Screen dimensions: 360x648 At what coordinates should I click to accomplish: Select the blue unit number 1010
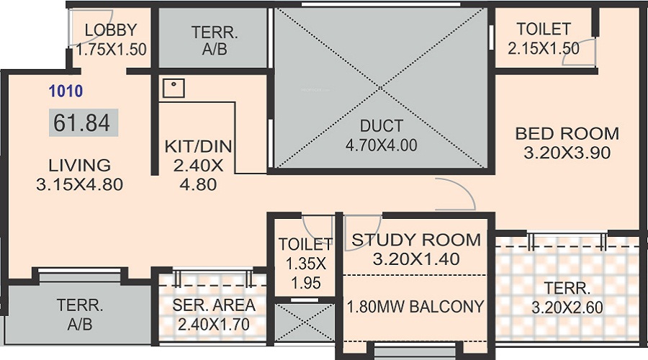[66, 91]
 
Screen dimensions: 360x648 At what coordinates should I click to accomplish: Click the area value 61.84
[82, 123]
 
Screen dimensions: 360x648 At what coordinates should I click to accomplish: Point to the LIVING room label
[79, 165]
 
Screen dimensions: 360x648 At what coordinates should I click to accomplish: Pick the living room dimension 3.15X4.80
[79, 184]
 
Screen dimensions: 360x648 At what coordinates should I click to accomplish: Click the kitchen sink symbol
[173, 88]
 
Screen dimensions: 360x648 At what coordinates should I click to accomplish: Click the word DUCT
[381, 127]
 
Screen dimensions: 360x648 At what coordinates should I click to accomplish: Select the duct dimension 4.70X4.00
[381, 145]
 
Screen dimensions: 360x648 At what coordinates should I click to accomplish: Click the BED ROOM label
[567, 133]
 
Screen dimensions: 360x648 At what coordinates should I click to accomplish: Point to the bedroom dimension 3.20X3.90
[567, 153]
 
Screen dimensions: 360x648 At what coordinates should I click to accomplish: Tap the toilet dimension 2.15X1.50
[544, 49]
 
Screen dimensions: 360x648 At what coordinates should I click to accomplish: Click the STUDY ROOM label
[416, 240]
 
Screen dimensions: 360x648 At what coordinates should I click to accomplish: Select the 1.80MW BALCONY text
[416, 306]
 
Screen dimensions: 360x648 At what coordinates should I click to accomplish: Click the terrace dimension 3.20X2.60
[567, 308]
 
